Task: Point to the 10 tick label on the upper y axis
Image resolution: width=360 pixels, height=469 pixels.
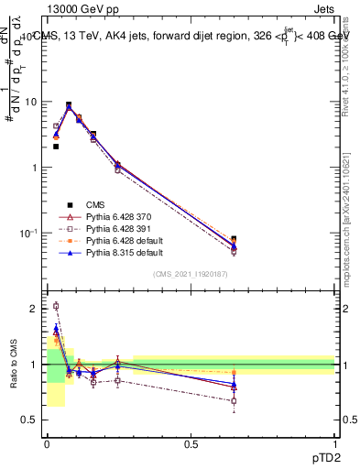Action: [30, 102]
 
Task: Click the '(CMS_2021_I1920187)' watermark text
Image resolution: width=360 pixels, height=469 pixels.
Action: [191, 275]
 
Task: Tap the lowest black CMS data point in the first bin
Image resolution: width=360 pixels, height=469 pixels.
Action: [56, 146]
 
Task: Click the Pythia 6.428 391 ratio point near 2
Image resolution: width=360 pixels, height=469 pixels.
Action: [56, 306]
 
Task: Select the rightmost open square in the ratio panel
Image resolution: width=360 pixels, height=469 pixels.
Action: [234, 400]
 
